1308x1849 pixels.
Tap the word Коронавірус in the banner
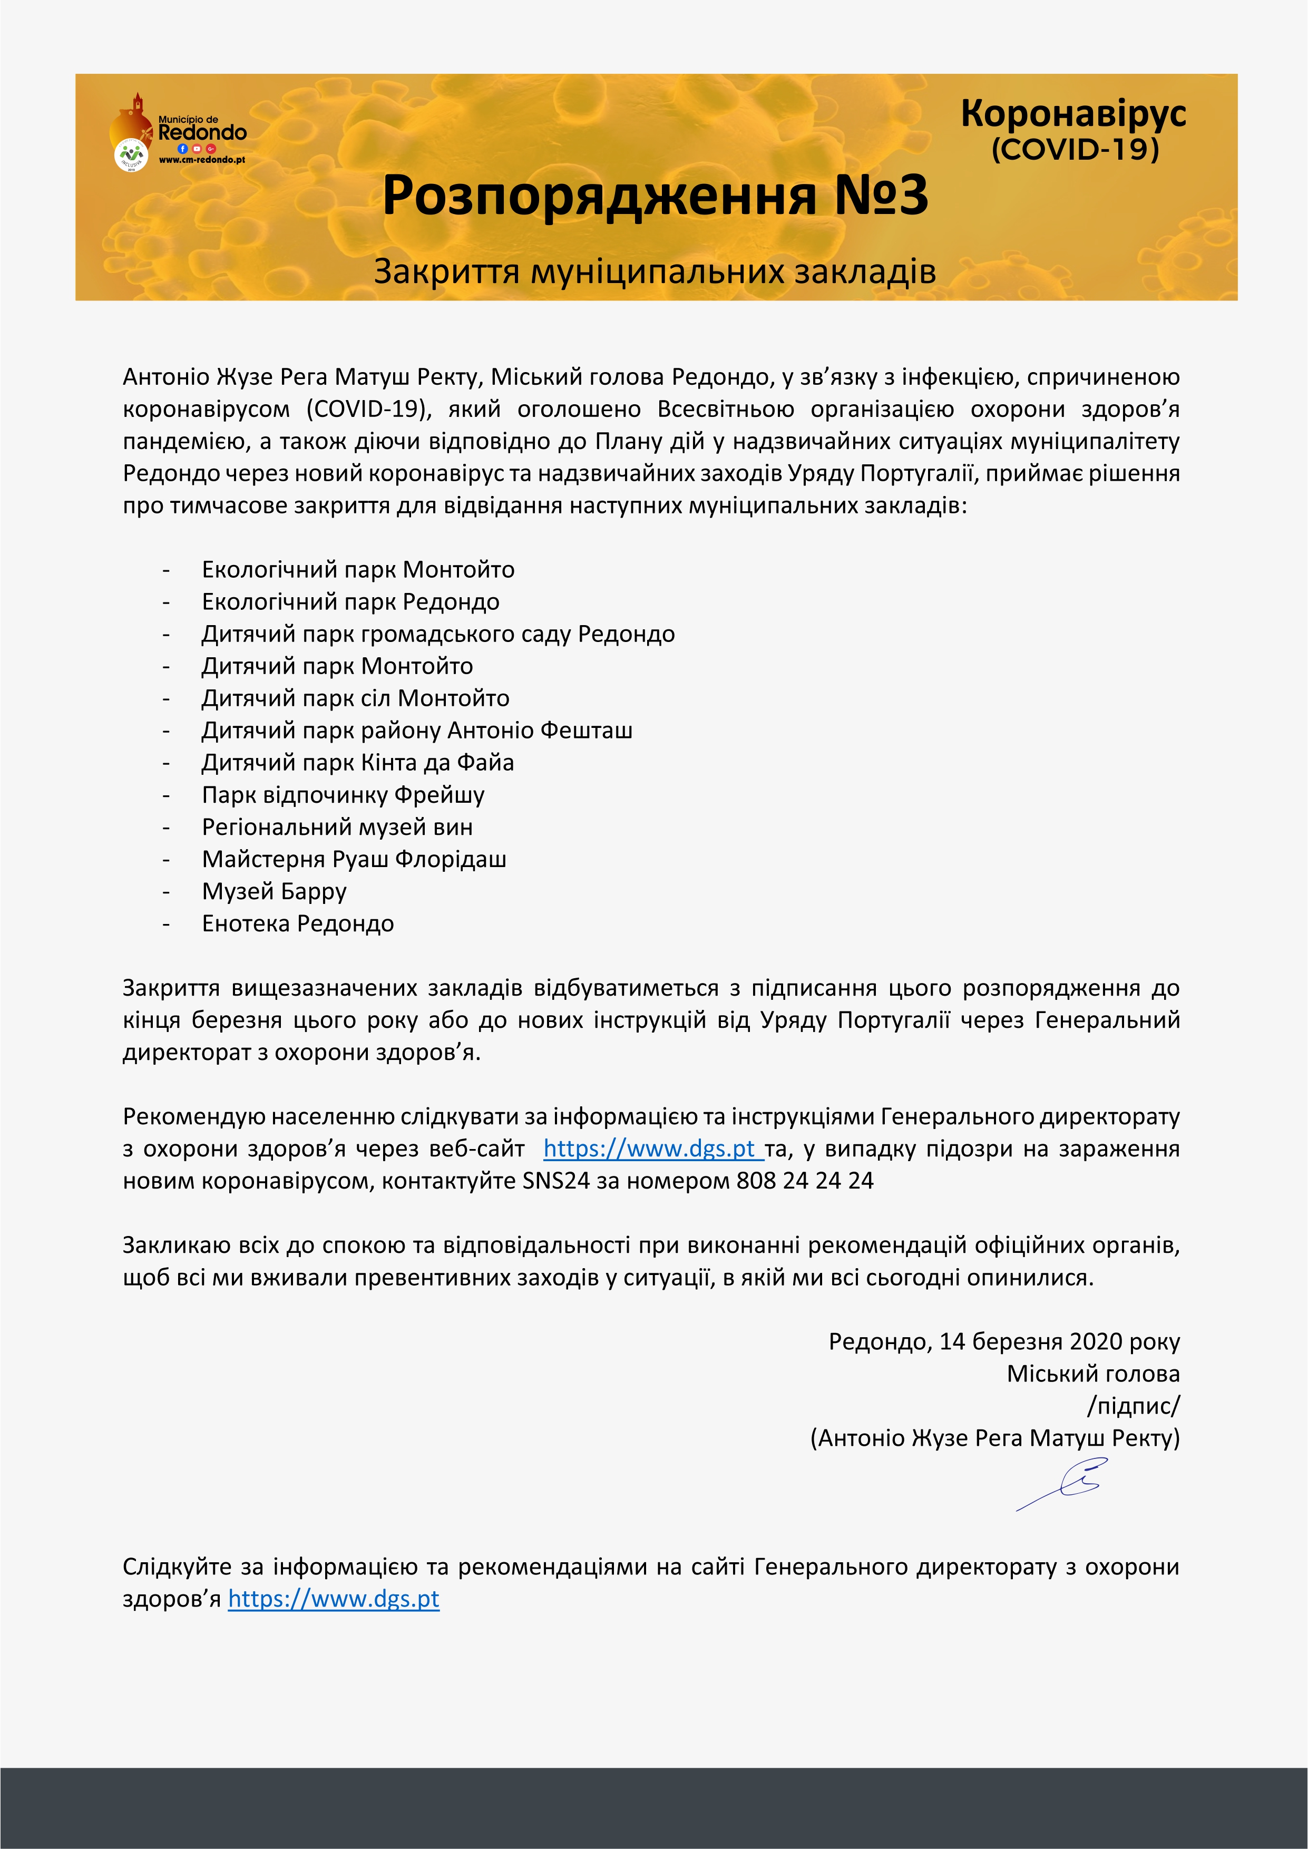pos(1073,113)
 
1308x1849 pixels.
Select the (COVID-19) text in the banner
pos(1075,150)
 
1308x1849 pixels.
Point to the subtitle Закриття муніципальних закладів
pos(654,272)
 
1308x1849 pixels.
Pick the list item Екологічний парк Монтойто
pos(358,570)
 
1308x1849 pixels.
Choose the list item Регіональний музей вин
pos(337,827)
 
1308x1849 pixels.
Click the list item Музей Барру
pos(274,891)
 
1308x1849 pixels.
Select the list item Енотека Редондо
pos(297,923)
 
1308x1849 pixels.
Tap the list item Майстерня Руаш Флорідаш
pos(354,859)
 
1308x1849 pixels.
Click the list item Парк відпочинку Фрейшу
pos(343,795)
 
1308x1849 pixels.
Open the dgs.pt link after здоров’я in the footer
pos(334,1599)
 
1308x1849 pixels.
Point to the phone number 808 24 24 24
pos(805,1181)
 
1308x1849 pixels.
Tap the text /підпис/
pos(1133,1406)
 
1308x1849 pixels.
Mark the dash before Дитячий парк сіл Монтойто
pos(166,699)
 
